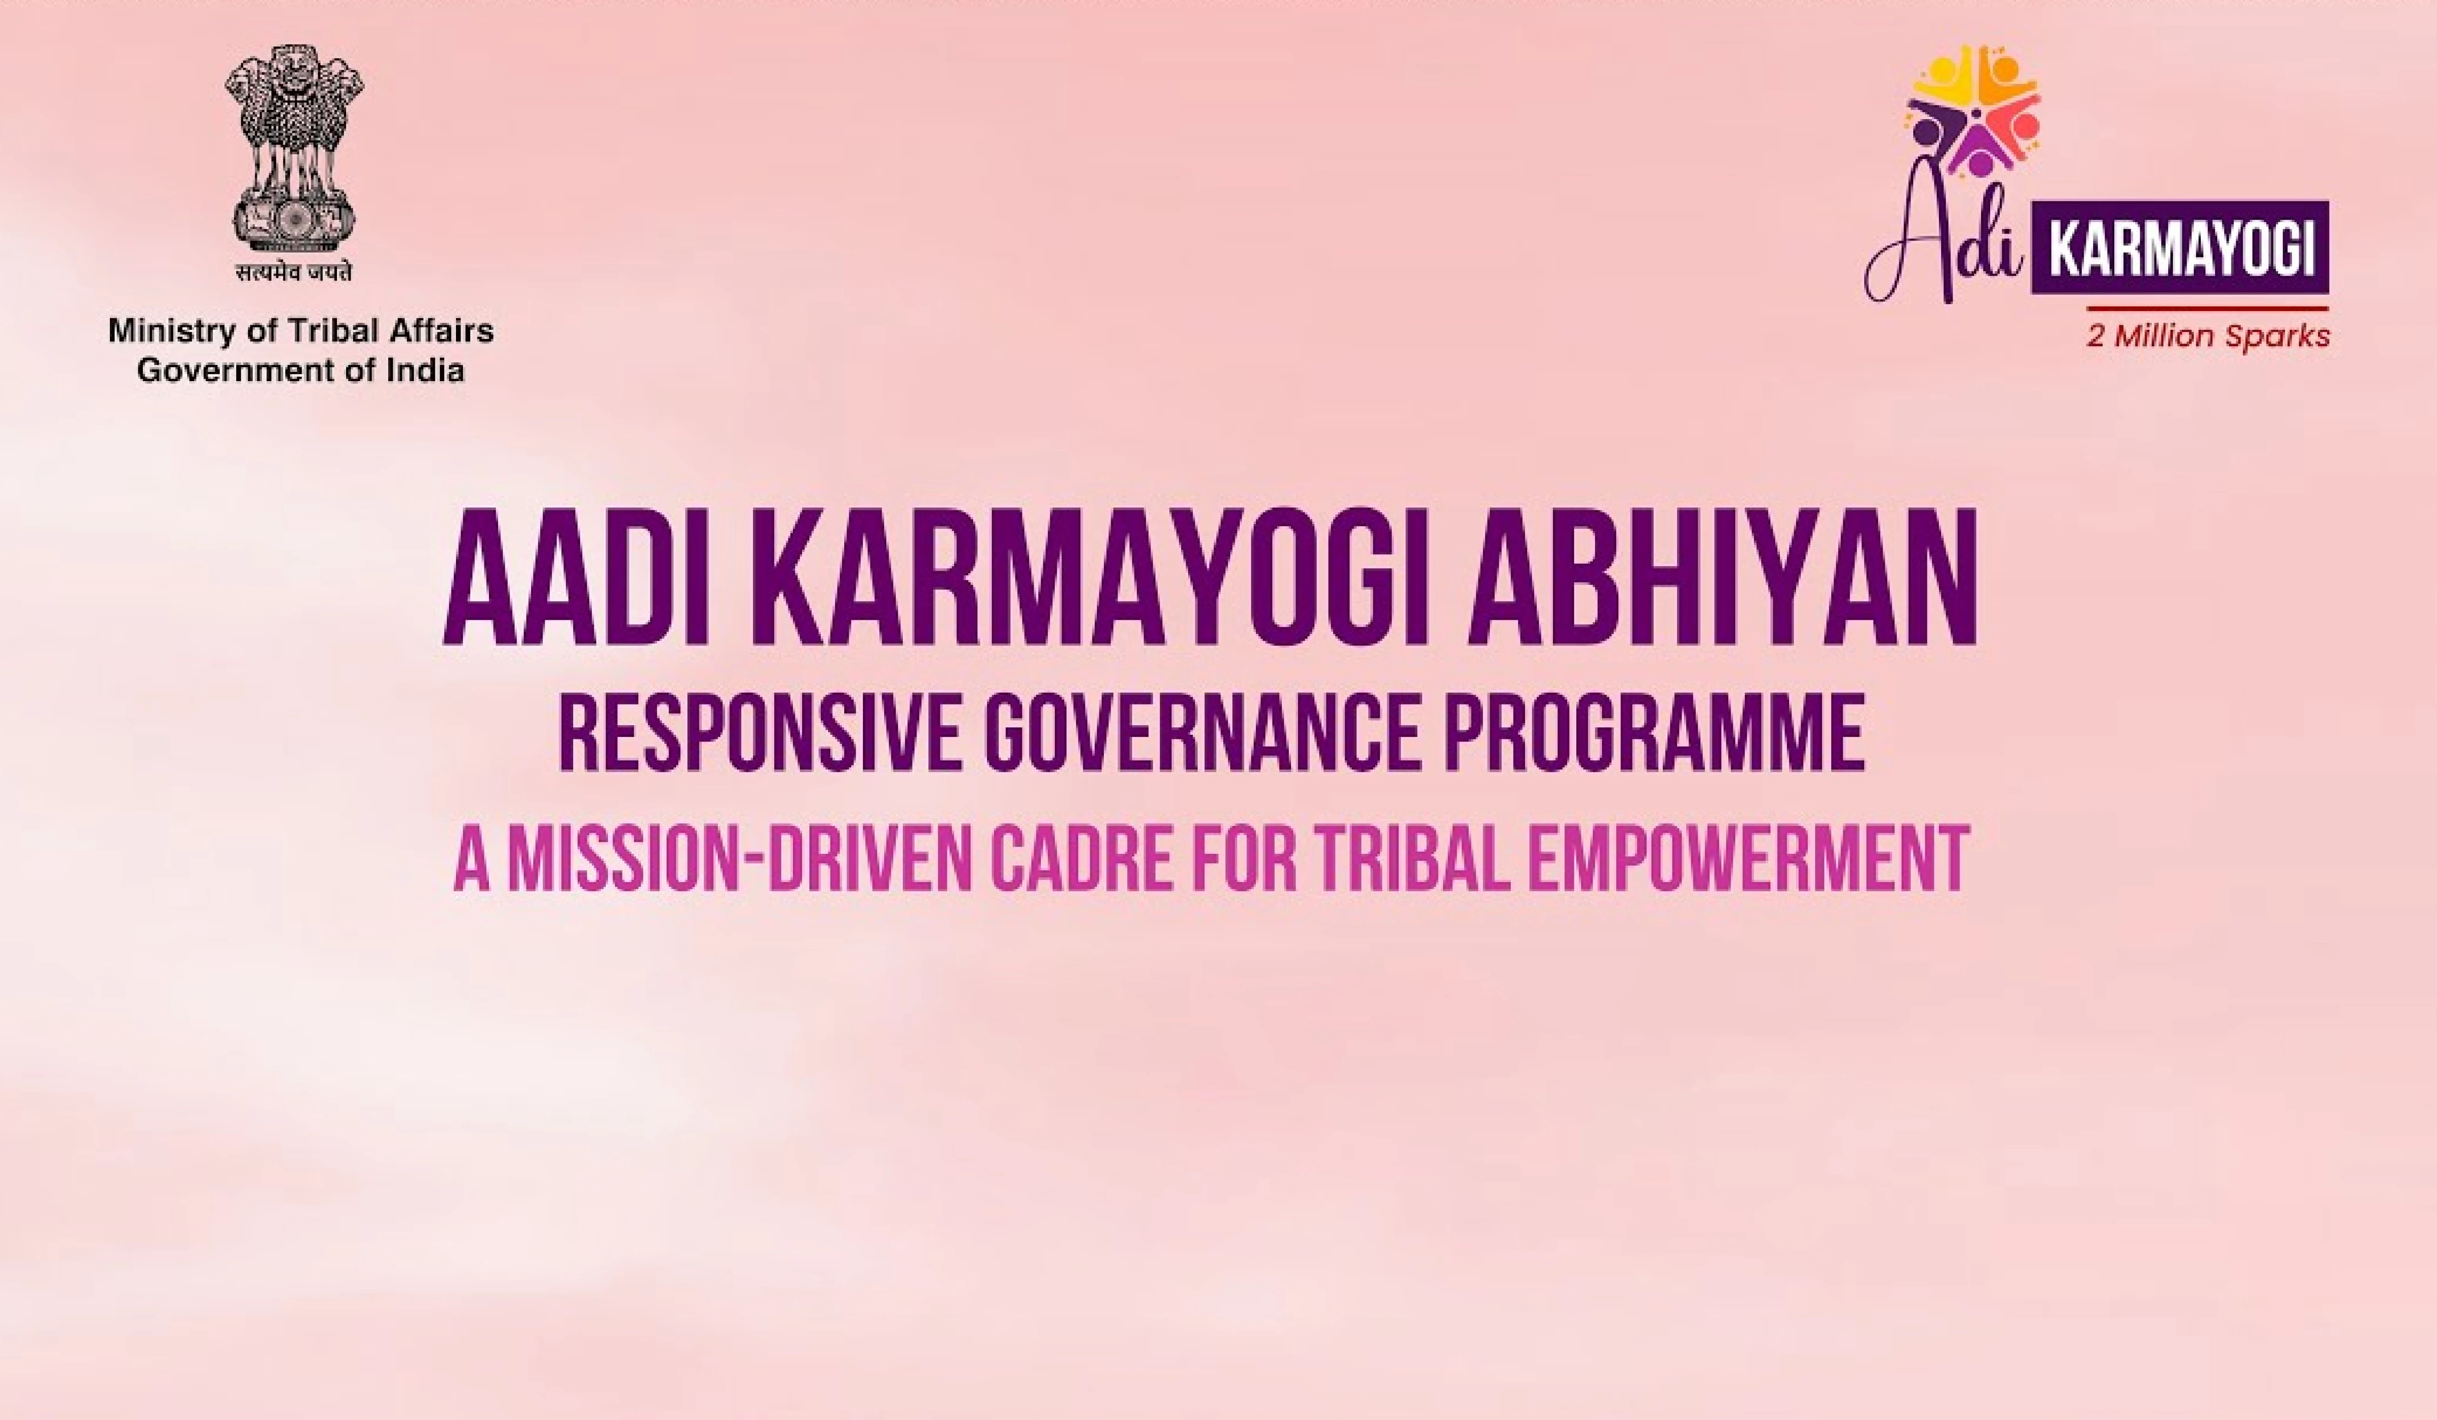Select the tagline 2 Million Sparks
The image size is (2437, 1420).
click(2207, 337)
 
